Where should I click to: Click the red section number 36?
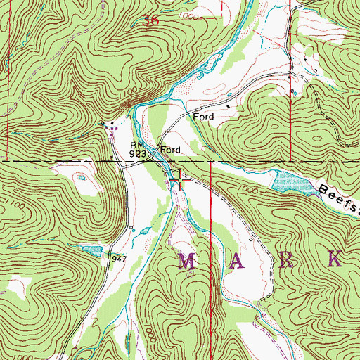(x=150, y=22)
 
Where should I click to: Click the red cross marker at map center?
(x=181, y=181)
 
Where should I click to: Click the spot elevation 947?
(x=117, y=259)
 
